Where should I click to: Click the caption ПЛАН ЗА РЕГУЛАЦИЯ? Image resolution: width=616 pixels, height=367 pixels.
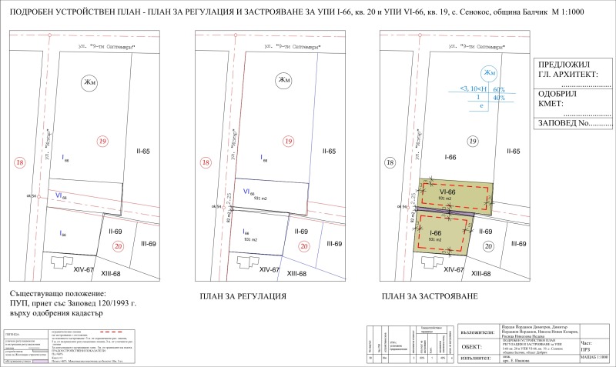[x=243, y=296]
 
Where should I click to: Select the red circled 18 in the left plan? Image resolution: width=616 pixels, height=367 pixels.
[x=20, y=163]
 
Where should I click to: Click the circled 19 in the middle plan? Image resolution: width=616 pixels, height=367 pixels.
[x=288, y=142]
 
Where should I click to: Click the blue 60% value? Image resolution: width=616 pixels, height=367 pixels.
[x=498, y=90]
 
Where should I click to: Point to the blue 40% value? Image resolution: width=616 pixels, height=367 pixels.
[x=498, y=98]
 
